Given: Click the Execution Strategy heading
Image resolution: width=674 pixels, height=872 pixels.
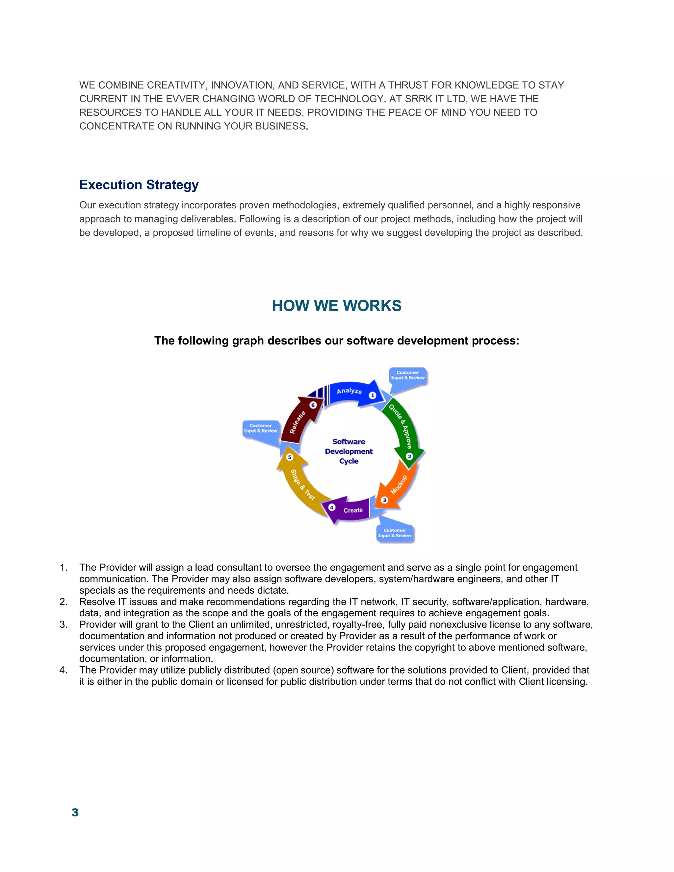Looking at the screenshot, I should [139, 185].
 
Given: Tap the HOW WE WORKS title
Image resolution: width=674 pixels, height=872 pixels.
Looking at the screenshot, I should [337, 306].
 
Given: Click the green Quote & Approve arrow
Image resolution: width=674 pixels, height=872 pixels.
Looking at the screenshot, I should [402, 427].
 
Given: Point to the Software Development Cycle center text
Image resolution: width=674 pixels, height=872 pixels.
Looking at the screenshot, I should [349, 451].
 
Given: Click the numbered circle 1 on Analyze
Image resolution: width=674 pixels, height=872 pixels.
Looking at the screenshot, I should [373, 395].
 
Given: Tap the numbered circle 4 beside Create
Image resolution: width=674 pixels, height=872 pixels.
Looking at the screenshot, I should [331, 507].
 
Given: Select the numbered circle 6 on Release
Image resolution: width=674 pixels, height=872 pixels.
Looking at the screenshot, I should [313, 405].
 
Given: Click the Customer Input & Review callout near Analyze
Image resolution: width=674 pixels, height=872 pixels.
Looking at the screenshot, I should [408, 375].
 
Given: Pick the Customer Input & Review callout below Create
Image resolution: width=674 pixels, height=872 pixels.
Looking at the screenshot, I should [395, 533].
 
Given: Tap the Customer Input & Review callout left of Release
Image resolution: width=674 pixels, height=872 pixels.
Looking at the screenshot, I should [261, 428].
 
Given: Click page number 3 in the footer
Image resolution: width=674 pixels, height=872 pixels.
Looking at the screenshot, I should [75, 812].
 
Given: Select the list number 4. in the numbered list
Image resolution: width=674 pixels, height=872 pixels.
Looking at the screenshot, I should [64, 670].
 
